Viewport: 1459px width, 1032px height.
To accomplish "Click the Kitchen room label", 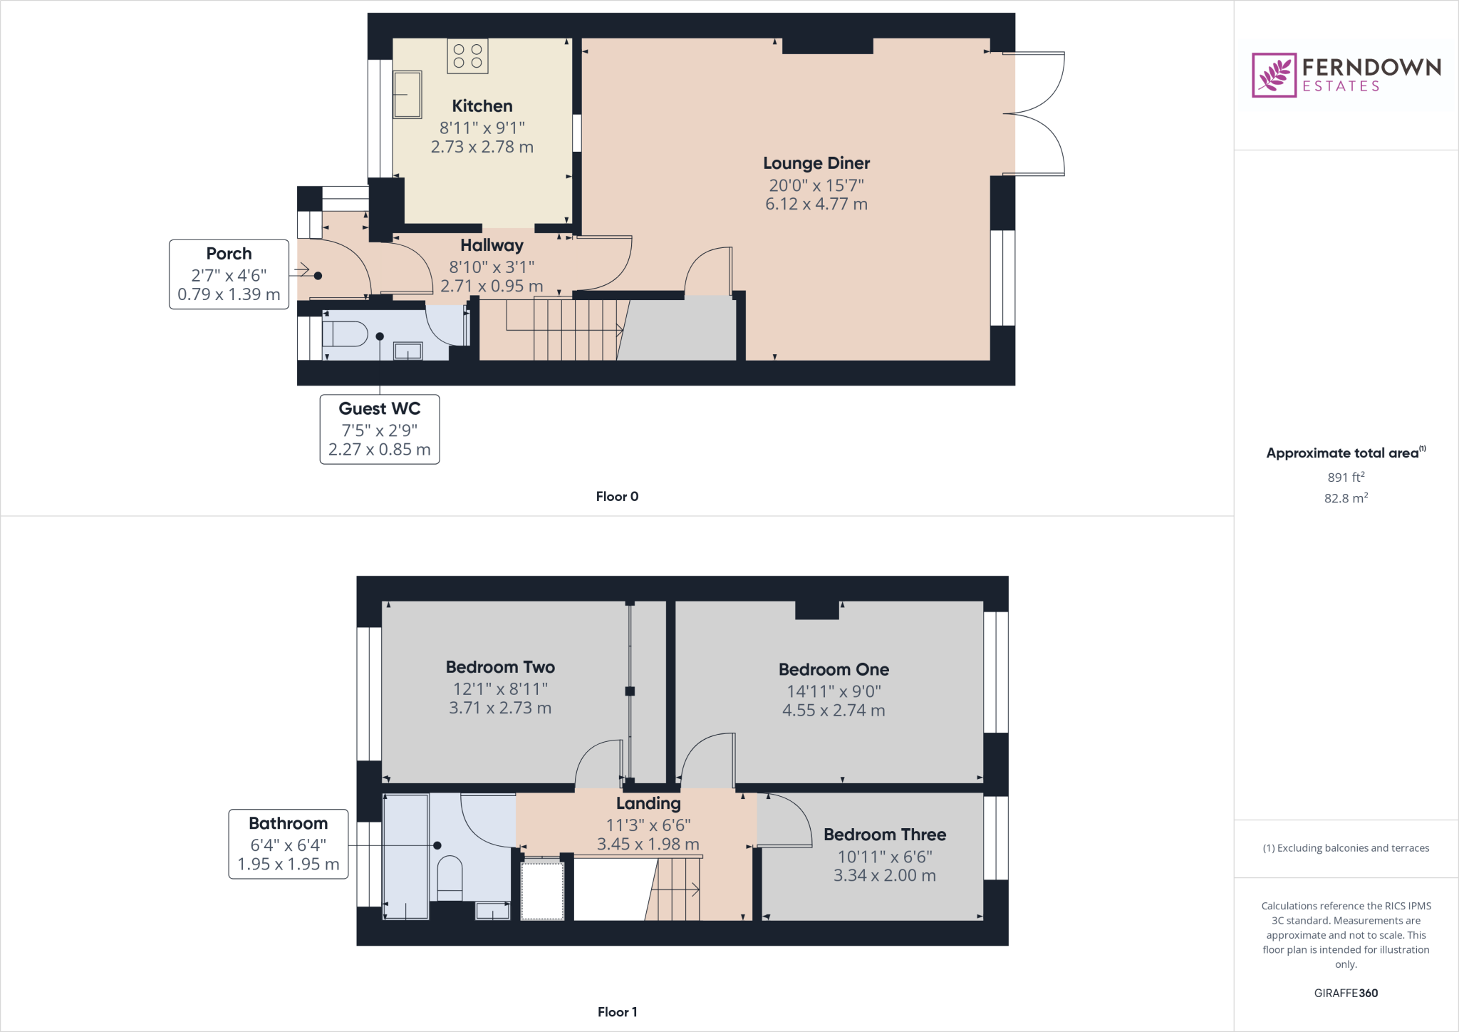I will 482,106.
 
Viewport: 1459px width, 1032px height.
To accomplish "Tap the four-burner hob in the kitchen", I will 467,56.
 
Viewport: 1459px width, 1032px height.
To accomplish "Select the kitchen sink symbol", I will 407,95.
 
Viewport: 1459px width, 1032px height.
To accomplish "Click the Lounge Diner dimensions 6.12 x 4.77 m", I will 816,205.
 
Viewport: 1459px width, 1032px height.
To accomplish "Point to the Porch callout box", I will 229,274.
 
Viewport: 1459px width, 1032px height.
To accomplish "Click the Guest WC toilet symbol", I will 346,334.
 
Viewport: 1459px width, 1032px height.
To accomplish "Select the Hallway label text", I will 492,245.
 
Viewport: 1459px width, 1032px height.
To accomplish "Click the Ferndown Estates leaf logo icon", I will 1274,75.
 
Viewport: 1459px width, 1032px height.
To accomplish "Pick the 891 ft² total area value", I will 1346,478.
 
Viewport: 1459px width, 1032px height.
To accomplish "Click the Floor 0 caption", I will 617,497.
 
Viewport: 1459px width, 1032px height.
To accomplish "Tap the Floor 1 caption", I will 617,1012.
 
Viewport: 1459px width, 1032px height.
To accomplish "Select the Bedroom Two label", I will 500,667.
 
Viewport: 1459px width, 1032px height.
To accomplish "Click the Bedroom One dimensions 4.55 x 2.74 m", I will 834,711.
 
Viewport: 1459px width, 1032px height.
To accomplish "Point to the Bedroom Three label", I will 885,835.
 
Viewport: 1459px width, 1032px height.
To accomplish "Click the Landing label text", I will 648,804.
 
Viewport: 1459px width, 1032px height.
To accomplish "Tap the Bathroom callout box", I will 289,844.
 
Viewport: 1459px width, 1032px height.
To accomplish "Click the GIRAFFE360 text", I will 1346,993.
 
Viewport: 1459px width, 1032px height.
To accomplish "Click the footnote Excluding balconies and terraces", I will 1346,848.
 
